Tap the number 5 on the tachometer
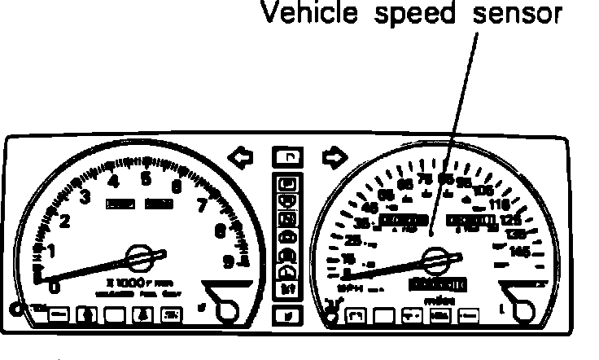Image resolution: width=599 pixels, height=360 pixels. tap(146, 178)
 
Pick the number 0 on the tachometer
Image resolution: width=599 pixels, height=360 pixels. tap(54, 285)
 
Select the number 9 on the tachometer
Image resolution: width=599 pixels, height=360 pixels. tap(229, 261)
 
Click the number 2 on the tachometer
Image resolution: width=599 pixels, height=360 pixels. tap(65, 221)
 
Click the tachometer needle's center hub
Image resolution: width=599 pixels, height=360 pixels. tap(141, 257)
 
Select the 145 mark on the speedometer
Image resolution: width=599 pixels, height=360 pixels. tap(518, 252)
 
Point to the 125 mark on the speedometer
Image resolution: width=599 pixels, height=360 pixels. tap(511, 220)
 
